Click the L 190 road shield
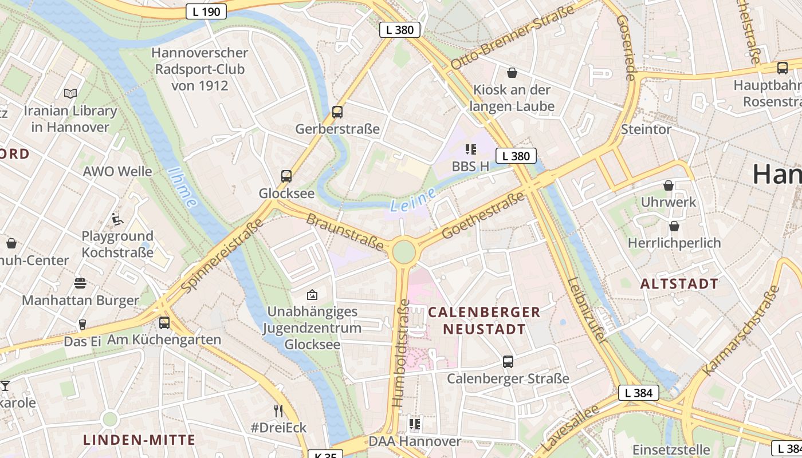tap(206, 11)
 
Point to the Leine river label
tap(412, 200)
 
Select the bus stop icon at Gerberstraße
tap(337, 112)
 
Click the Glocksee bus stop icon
tap(286, 176)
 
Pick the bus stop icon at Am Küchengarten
tap(164, 323)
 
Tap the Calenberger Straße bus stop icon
tap(508, 362)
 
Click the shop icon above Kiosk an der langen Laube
tap(512, 73)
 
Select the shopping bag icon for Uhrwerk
tap(668, 185)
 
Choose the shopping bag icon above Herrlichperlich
tap(674, 226)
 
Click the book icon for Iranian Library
tap(70, 93)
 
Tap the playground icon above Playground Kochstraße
tap(117, 219)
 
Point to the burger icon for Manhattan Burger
tap(80, 283)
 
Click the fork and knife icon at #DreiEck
tap(278, 410)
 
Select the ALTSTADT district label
tap(679, 284)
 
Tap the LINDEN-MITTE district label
tap(139, 440)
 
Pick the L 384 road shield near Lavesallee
tap(638, 393)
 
